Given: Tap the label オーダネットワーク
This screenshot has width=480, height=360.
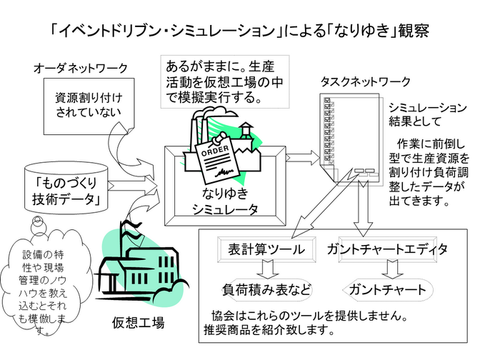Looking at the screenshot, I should point(81,69).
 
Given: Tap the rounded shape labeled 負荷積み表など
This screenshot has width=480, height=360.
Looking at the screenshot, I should point(266,290).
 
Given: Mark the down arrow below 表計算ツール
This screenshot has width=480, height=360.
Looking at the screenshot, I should point(266,269).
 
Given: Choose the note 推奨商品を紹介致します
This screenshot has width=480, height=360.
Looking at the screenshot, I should point(269,331).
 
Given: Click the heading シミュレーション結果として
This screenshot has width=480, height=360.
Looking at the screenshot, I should point(427,114).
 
